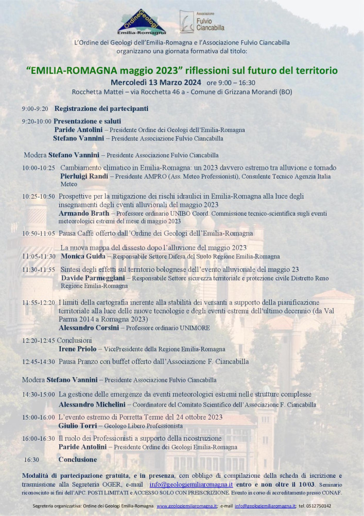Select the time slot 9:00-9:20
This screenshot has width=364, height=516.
(x=35, y=109)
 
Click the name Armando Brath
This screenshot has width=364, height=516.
(x=84, y=213)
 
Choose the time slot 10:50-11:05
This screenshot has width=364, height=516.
(x=39, y=234)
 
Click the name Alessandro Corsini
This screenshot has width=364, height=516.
(x=89, y=328)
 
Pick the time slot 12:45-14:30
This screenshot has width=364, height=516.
(x=39, y=362)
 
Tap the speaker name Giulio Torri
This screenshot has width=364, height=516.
(x=79, y=426)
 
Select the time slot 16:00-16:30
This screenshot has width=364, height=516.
(x=39, y=438)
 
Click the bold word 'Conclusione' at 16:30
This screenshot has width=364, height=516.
(x=77, y=459)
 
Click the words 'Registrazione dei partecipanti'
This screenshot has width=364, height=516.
(x=101, y=109)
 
